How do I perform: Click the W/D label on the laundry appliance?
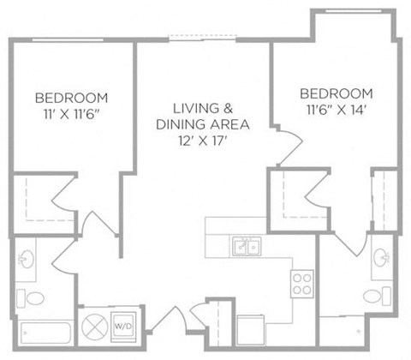coord(123,326)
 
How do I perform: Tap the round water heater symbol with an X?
coord(95,327)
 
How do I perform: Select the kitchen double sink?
coord(246,246)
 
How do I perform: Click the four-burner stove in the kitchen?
coord(302,284)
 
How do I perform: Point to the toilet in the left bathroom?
coord(31,298)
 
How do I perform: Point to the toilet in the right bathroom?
coord(377,297)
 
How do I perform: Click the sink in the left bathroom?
coord(27,259)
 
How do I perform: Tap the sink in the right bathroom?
coord(382,257)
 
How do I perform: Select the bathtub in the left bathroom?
coord(45,333)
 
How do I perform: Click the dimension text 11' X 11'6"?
coord(72,114)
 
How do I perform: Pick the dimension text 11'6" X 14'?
coord(337,110)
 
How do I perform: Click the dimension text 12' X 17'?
coord(203,141)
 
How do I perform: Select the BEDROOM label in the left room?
coord(72,98)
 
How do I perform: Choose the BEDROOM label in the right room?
coord(337,93)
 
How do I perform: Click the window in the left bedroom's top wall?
coord(68,39)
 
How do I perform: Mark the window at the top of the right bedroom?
coord(354,11)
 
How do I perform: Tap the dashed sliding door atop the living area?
coord(203,38)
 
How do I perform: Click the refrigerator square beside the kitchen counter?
coord(251,330)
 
